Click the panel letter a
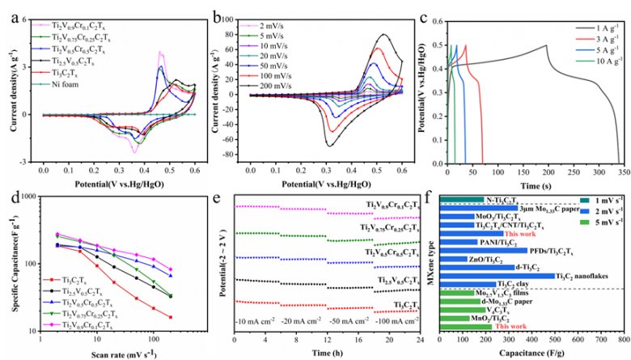tap(6, 14)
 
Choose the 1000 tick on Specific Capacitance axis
tap(27, 197)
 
